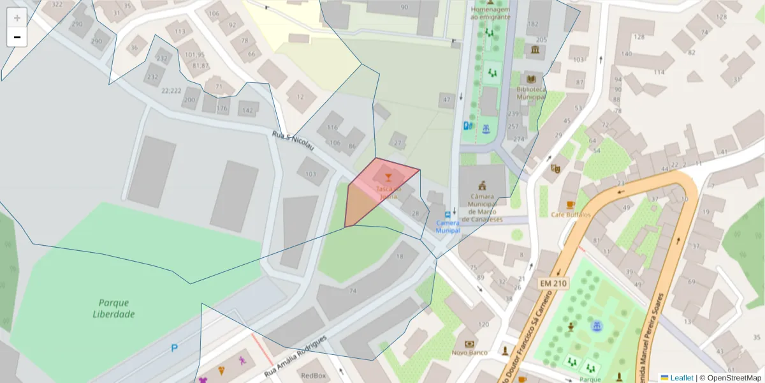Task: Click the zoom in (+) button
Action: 17,18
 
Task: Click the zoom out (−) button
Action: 17,37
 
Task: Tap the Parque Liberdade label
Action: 113,308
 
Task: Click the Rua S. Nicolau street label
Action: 293,142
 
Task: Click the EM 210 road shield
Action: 553,283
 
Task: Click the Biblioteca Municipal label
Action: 531,93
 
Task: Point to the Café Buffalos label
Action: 571,214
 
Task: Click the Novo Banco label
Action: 470,352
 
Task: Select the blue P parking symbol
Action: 174,348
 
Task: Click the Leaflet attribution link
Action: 681,378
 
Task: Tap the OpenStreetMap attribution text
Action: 730,378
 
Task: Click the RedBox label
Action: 313,376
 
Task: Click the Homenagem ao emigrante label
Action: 490,13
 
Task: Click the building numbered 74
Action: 353,291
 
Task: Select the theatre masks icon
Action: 555,169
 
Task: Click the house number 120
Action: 483,325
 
